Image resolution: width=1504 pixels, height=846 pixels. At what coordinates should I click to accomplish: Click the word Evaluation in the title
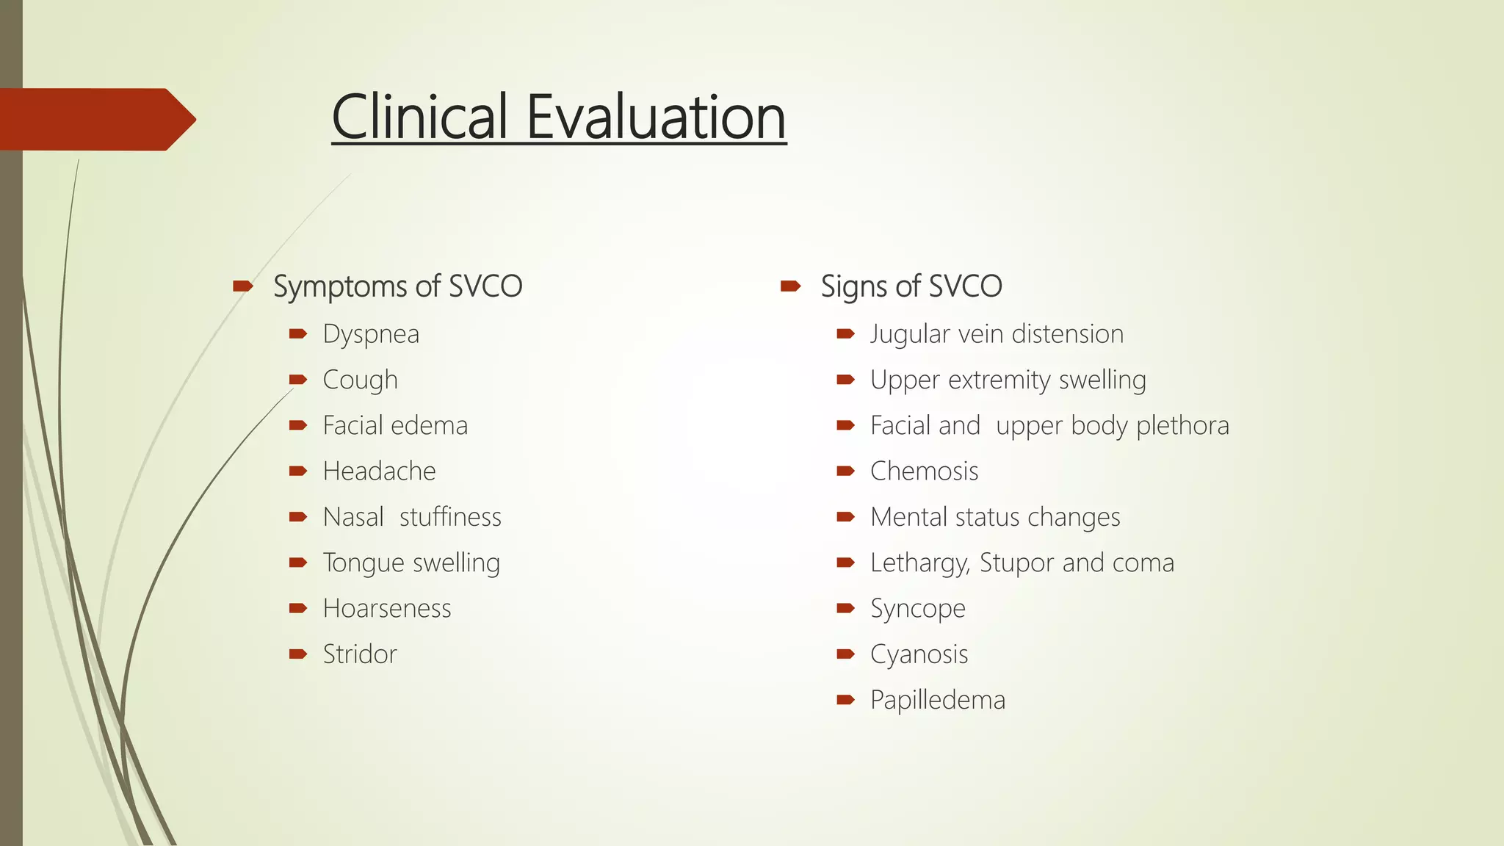[656, 117]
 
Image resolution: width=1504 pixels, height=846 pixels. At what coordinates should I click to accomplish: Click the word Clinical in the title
[420, 117]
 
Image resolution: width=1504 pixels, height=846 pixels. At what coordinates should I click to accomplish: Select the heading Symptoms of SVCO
[397, 286]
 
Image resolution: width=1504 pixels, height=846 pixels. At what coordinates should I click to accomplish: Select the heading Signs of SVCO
[911, 286]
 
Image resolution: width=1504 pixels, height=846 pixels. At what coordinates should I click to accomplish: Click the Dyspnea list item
[371, 335]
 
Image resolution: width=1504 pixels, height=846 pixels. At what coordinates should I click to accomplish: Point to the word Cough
[360, 380]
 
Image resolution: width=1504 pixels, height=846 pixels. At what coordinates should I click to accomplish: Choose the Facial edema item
[395, 426]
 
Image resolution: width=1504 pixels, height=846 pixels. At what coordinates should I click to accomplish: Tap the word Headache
[379, 471]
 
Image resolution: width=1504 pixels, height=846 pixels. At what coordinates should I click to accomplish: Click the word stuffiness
[450, 517]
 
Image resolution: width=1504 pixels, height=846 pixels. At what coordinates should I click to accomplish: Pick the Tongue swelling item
[411, 563]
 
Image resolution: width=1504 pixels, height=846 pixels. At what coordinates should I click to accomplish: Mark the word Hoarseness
[387, 609]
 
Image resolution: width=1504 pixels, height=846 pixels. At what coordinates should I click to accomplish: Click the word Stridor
[360, 654]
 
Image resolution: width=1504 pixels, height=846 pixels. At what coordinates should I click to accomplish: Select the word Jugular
[910, 335]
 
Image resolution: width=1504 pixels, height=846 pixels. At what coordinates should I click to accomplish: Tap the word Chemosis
[924, 471]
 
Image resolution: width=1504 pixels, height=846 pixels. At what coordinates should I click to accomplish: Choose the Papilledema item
[937, 700]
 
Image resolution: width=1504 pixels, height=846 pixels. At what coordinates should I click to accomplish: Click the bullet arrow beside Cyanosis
[845, 654]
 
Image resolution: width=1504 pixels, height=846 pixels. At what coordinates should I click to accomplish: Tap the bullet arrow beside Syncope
[845, 608]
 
